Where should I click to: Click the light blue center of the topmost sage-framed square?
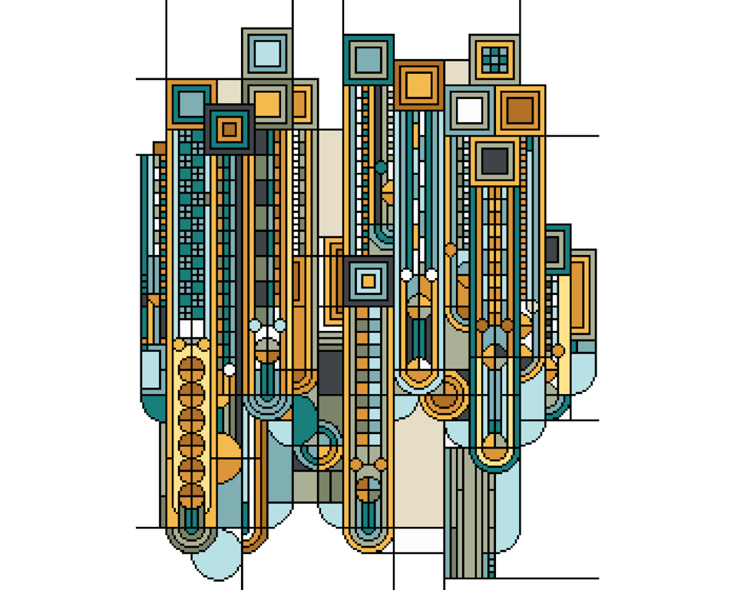click(x=267, y=54)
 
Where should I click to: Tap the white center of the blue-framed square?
click(x=470, y=110)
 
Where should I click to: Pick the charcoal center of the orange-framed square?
click(x=495, y=161)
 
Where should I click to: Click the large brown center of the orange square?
click(x=520, y=110)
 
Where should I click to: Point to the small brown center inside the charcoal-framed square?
click(x=229, y=129)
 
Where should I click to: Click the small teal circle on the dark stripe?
click(x=381, y=167)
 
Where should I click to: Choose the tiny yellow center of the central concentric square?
click(x=368, y=281)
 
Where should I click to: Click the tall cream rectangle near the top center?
click(x=331, y=184)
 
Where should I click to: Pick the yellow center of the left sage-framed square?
click(x=267, y=104)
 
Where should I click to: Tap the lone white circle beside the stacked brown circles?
click(x=229, y=370)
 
